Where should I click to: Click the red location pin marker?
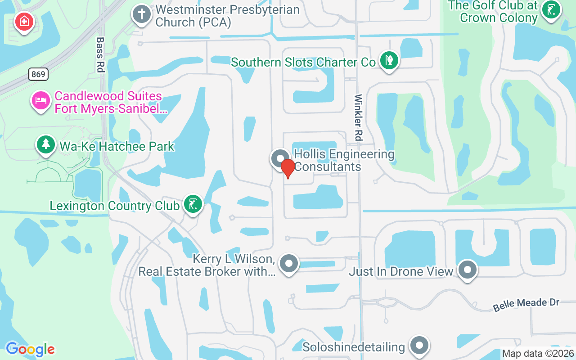coord(288,168)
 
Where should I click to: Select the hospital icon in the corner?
coord(23,21)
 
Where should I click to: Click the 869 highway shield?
coord(38,74)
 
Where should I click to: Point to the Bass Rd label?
coord(100,54)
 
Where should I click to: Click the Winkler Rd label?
coord(359,117)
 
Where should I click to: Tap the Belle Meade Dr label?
coord(526,305)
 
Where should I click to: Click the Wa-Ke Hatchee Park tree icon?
coord(45,144)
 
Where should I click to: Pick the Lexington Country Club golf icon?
coord(193,205)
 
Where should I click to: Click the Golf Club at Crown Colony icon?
coord(550,9)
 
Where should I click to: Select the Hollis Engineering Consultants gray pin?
coord(280,158)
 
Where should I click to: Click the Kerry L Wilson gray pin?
coord(289,263)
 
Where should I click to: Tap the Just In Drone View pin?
coord(468,270)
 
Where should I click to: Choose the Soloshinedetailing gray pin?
coord(419,345)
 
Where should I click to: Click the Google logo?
coord(30,349)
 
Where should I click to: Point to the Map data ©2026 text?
coord(538,354)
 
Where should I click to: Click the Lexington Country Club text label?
coord(114,206)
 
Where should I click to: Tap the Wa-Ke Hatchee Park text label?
coord(117,146)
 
